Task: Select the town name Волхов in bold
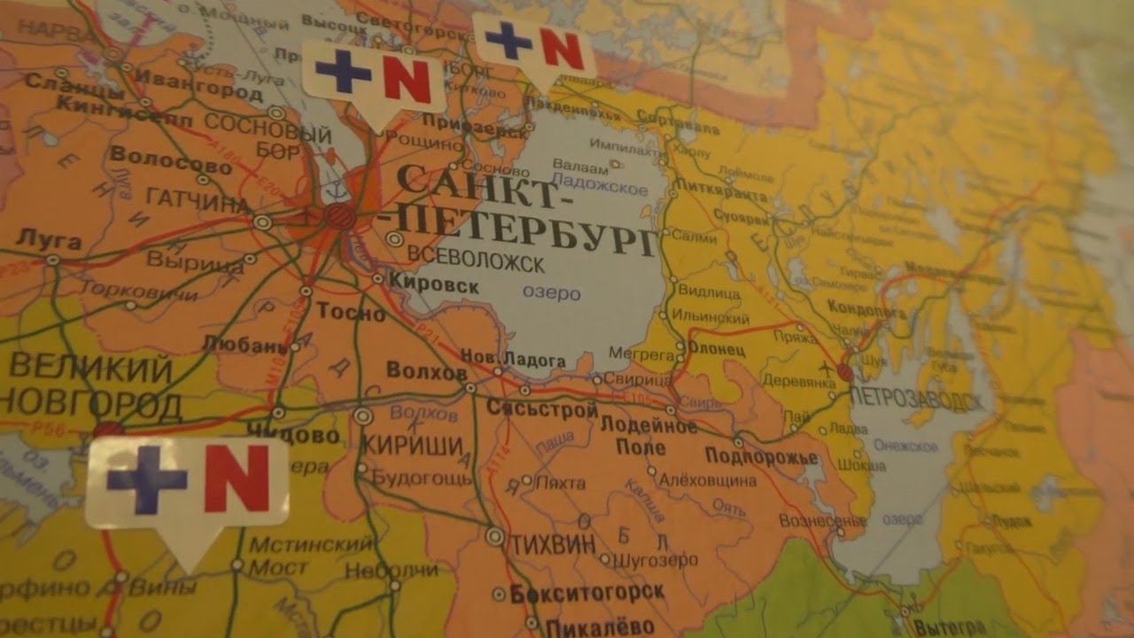426,373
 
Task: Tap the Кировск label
434,286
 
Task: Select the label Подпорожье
761,456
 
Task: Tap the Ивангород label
187,89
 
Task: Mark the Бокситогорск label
588,593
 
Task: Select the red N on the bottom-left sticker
237,478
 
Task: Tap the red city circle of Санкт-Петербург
337,214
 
